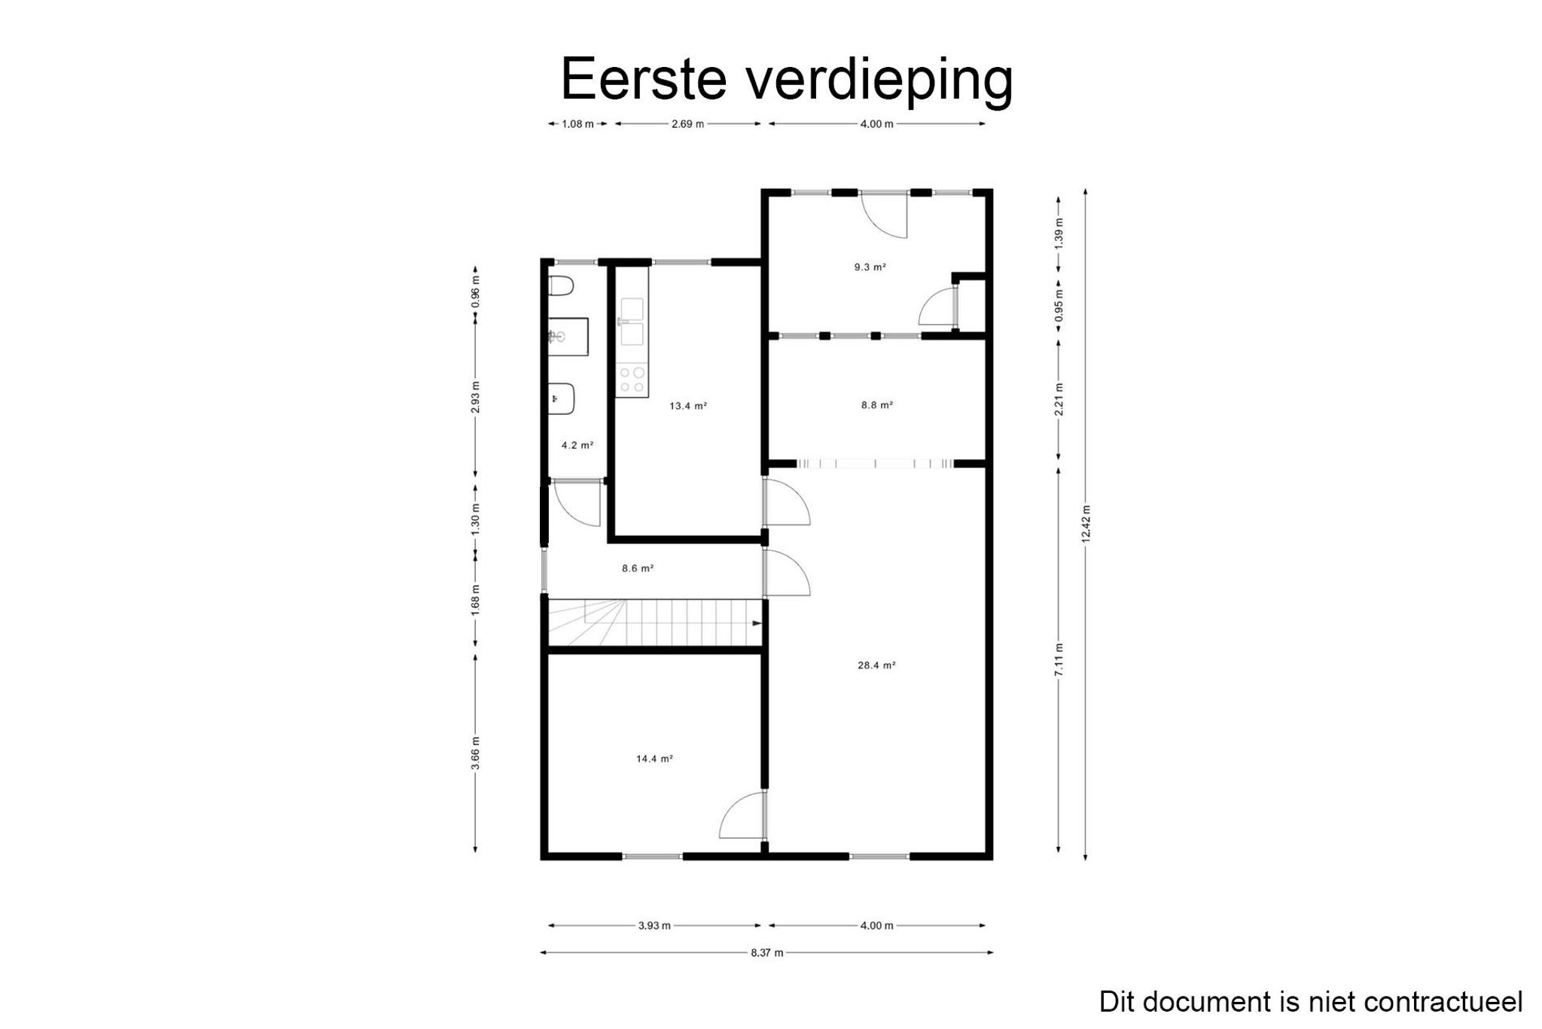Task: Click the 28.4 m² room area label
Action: coord(876,665)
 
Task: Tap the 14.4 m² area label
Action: coord(654,759)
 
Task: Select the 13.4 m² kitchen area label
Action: coord(688,406)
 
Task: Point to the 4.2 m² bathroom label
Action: coord(577,446)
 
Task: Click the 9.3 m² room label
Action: coord(870,266)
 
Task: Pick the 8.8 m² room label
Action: coord(877,405)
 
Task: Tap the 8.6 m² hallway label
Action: coord(638,568)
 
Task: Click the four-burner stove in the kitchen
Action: coord(631,380)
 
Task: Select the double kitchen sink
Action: coord(631,322)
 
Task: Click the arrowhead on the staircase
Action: coord(757,623)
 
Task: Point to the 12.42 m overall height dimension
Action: coord(1085,523)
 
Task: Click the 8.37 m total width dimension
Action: coord(766,953)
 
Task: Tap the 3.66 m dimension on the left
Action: coord(475,753)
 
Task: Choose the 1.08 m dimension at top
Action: coord(577,124)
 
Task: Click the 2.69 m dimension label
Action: coord(687,124)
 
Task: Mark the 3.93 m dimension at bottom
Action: coord(654,926)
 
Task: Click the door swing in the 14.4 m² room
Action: coord(742,817)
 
